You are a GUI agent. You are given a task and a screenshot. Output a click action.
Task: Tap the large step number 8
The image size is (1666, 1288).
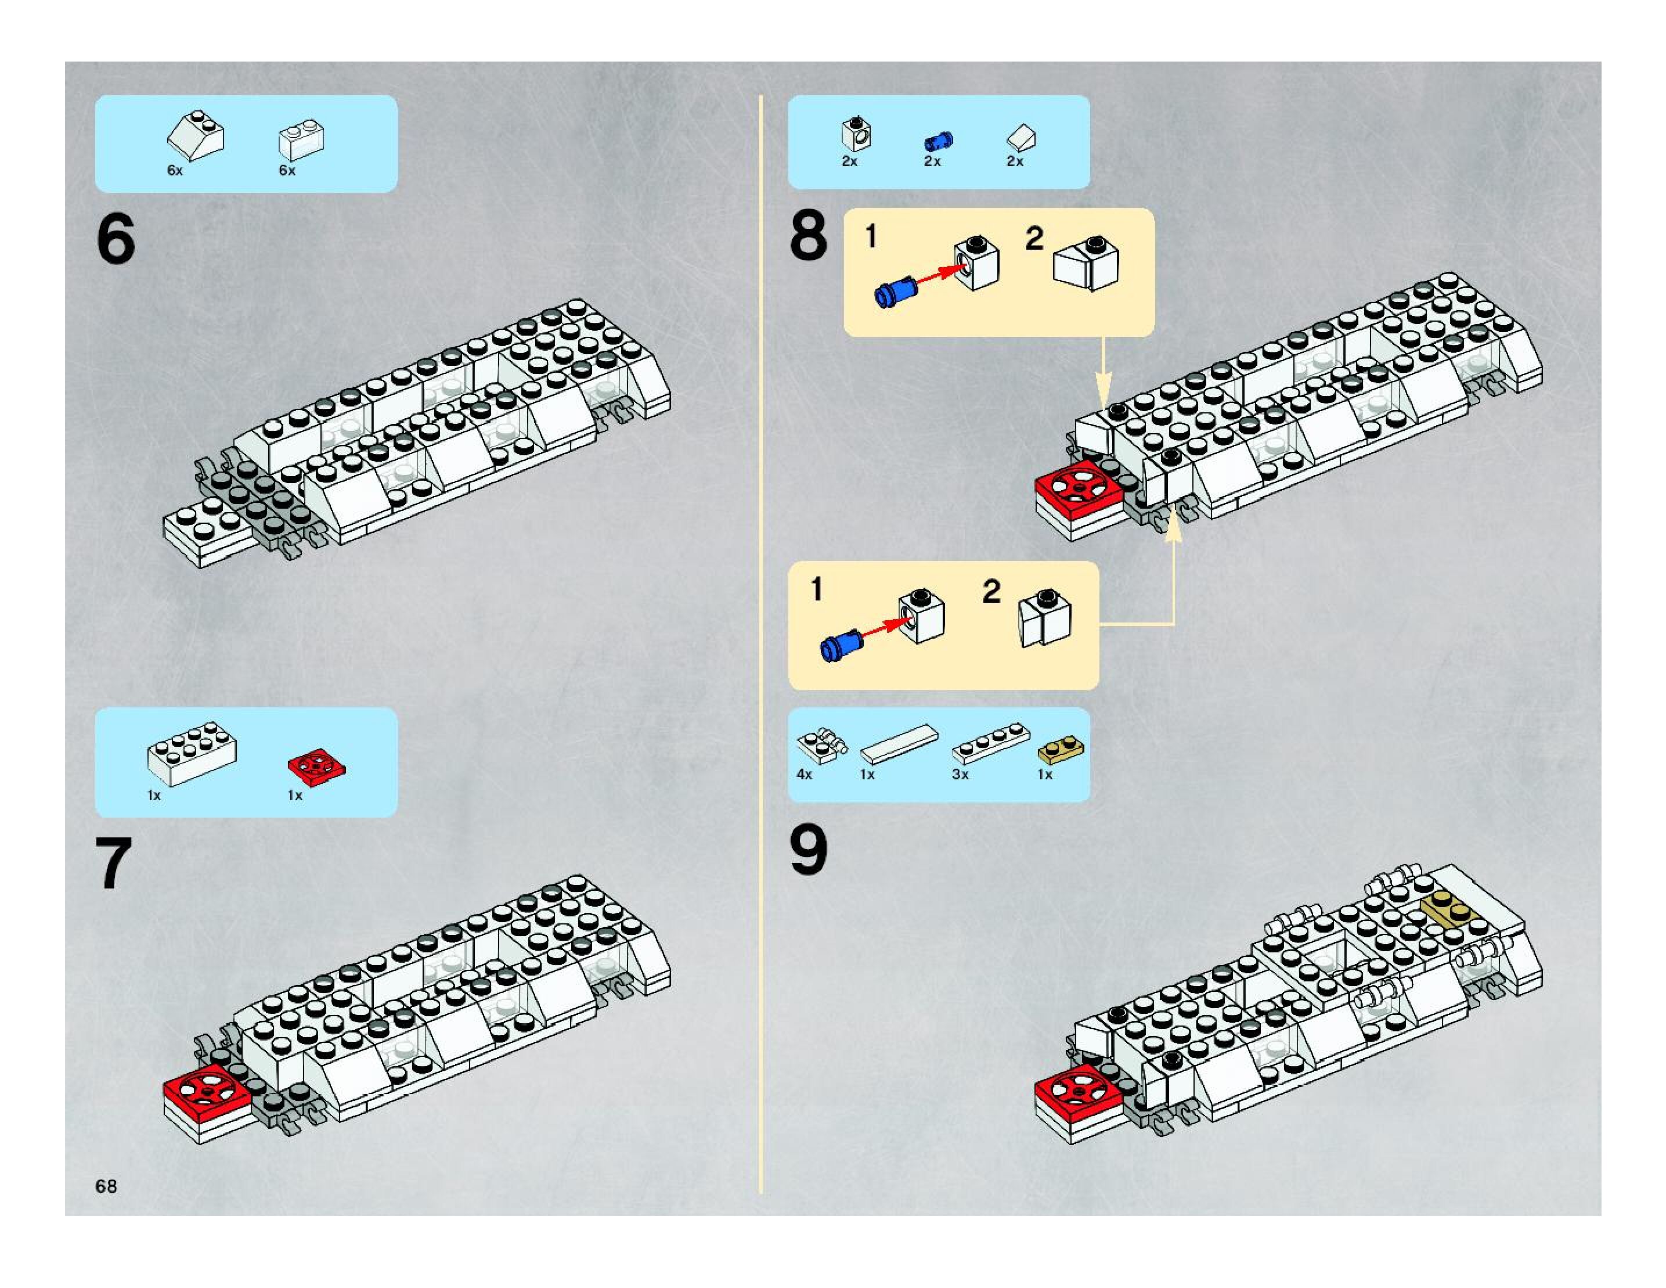[808, 236]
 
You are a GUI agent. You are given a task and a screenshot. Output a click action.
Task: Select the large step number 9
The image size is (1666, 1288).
[808, 850]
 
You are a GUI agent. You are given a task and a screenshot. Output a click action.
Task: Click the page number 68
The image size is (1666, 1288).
[106, 1185]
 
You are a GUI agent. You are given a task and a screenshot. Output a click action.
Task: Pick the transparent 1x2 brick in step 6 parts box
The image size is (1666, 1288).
[301, 139]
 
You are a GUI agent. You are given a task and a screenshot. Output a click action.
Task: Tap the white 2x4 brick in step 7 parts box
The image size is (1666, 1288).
[192, 753]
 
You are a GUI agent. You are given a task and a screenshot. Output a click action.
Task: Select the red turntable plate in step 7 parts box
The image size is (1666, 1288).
[316, 767]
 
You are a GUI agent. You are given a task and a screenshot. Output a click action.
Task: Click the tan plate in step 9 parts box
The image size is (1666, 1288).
[1061, 750]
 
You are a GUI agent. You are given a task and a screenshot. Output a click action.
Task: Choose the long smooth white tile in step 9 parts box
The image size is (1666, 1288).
[899, 743]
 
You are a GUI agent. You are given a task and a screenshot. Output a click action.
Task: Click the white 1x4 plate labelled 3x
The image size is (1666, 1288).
[990, 743]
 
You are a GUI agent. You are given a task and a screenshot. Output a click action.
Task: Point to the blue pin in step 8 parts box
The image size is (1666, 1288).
[937, 141]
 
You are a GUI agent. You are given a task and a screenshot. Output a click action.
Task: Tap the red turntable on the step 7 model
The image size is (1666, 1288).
[206, 1091]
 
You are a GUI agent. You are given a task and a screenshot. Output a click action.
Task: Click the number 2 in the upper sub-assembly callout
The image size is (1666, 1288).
[1034, 239]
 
